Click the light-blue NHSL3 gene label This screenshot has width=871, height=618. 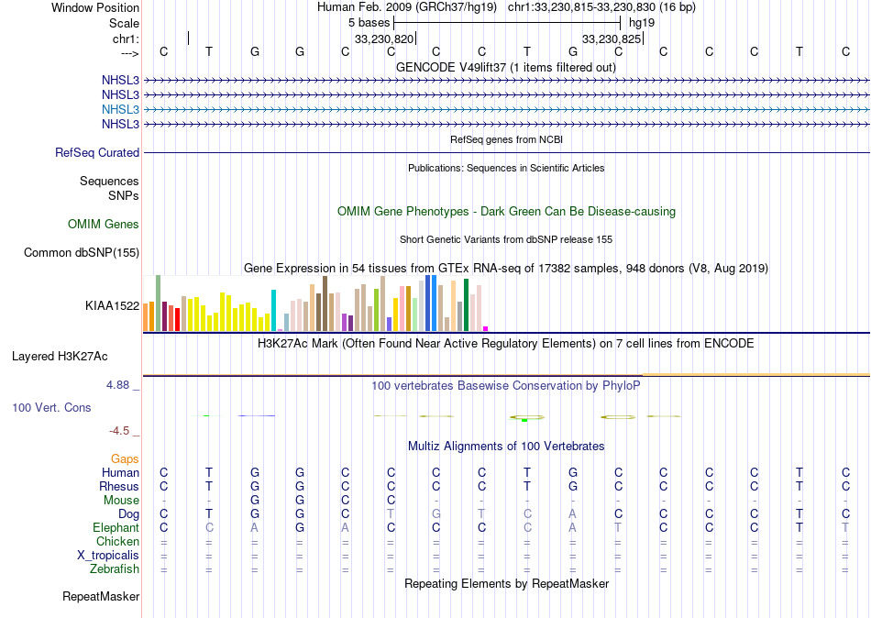click(121, 109)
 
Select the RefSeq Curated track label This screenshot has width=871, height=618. click(97, 153)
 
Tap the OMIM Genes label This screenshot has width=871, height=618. click(104, 224)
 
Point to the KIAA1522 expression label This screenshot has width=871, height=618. click(112, 305)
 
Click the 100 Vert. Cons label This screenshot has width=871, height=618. click(64, 406)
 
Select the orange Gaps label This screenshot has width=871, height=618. click(125, 458)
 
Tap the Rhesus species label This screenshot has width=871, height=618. click(119, 486)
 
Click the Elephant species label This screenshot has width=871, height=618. click(116, 527)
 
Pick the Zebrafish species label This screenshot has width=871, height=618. click(116, 568)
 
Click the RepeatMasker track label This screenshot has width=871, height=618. click(101, 597)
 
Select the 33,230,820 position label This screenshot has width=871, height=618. click(384, 39)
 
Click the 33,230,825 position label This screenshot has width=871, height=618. click(612, 39)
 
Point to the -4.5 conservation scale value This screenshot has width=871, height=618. click(120, 430)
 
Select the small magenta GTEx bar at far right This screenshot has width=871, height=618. click(486, 328)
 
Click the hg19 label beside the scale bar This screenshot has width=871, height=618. click(641, 22)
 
